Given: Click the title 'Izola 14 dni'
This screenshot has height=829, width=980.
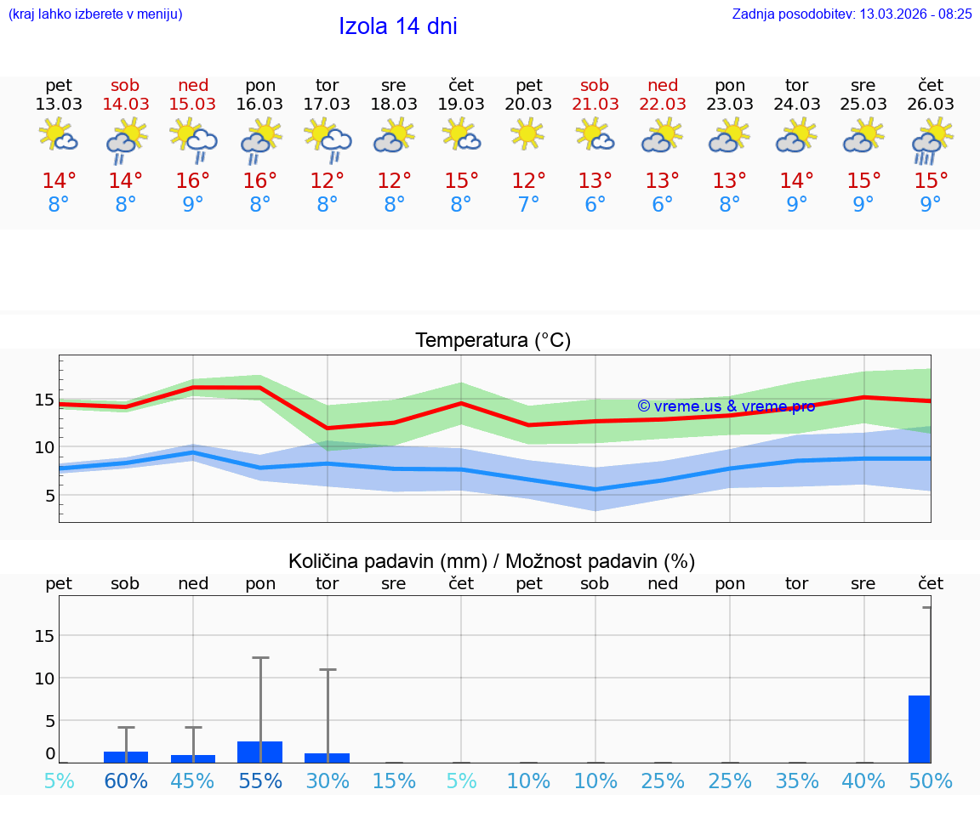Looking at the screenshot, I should [398, 26].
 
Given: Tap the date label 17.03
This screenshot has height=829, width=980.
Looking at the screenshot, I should [327, 105].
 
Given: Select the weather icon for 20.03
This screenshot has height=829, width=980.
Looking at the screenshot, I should [528, 134].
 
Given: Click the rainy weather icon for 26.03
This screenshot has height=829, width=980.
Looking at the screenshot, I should [930, 140].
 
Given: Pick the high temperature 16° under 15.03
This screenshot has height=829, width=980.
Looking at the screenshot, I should [193, 181].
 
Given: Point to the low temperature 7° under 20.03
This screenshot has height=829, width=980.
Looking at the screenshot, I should [528, 205].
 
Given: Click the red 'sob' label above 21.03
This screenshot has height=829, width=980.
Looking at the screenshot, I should [595, 85].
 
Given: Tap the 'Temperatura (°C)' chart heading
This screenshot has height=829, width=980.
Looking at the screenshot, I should [493, 341].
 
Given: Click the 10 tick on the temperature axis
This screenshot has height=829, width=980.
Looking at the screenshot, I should [44, 447].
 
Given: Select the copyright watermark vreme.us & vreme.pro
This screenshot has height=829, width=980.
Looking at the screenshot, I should [726, 406].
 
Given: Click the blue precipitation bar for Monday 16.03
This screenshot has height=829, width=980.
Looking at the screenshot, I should [259, 752].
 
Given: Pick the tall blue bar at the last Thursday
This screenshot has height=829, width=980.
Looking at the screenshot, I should [920, 729].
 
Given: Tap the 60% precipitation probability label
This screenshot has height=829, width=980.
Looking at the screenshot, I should [126, 781].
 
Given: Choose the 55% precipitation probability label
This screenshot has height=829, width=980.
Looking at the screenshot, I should [260, 781].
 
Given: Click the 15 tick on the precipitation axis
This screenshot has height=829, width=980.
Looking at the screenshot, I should [44, 636].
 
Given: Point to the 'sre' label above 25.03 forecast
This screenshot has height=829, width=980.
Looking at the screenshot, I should [863, 85].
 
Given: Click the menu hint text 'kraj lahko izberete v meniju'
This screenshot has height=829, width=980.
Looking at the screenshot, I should [95, 14].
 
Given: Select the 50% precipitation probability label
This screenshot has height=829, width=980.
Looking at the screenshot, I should [931, 781].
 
